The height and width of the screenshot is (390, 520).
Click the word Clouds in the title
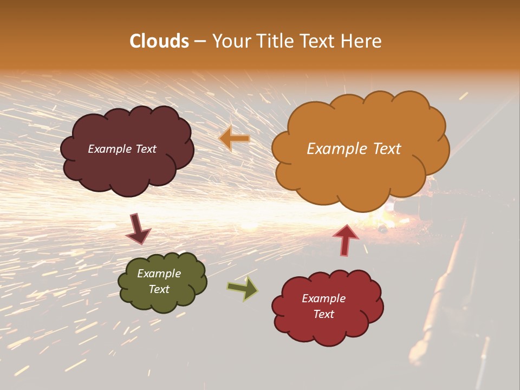(x=159, y=41)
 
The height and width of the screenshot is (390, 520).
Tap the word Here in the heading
(x=361, y=41)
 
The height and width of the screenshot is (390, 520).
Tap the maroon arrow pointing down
(x=138, y=229)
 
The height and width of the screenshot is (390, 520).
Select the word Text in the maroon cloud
(x=145, y=149)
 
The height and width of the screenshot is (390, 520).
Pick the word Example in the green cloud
(x=159, y=274)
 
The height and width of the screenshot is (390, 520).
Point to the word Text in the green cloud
(x=159, y=289)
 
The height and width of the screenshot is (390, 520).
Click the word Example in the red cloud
(x=324, y=298)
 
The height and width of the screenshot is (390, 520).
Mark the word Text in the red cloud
(x=324, y=314)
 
